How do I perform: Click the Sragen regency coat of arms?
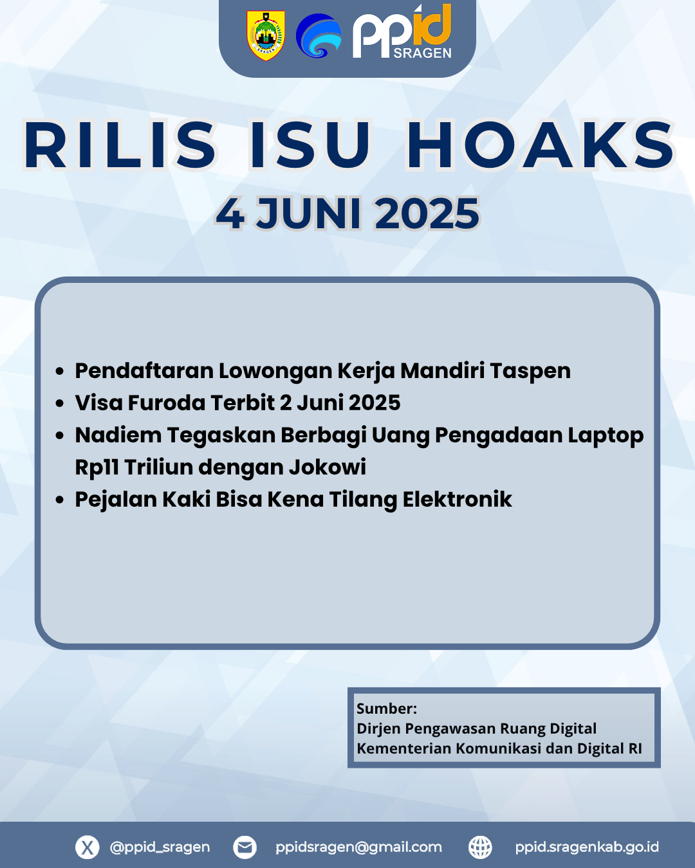(266, 35)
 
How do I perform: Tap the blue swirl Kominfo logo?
(319, 35)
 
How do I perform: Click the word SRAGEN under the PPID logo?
(422, 53)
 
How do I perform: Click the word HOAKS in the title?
(541, 145)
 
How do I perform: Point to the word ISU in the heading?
(310, 145)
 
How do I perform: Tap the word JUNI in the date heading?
(308, 213)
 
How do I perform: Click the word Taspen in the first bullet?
(530, 371)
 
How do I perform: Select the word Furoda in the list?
(167, 402)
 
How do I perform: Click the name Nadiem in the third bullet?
(118, 435)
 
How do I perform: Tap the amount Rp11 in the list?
(97, 467)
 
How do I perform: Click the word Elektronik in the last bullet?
(457, 500)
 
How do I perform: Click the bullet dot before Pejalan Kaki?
(60, 500)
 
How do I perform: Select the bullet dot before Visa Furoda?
(60, 403)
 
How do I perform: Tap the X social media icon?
(88, 847)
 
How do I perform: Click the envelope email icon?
(245, 847)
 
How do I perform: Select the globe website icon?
(480, 847)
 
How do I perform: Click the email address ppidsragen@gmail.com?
(358, 847)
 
